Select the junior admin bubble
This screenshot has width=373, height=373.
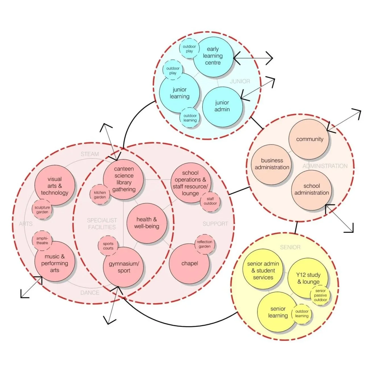tap(222, 106)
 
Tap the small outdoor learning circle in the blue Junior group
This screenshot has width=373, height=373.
tap(190, 118)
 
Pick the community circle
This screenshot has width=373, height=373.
tap(309, 139)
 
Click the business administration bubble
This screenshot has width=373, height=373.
tap(272, 164)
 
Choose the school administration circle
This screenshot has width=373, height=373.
tap(312, 190)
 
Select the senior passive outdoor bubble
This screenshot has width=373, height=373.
tap(320, 295)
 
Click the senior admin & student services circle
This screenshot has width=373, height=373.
tap(263, 270)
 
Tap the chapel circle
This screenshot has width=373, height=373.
tap(190, 264)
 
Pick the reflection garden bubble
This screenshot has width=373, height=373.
tap(204, 244)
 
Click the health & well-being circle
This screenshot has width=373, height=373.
tap(147, 223)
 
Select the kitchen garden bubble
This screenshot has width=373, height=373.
tap(100, 195)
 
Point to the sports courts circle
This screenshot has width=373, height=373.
tap(108, 246)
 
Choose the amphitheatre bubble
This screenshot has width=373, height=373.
tap(42, 241)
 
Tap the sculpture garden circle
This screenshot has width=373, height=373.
tap(42, 210)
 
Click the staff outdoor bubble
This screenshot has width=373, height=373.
tap(210, 201)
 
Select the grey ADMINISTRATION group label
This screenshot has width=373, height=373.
tap(325, 166)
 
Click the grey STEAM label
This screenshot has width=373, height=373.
tap(90, 154)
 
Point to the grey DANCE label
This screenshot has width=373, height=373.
tap(90, 293)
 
